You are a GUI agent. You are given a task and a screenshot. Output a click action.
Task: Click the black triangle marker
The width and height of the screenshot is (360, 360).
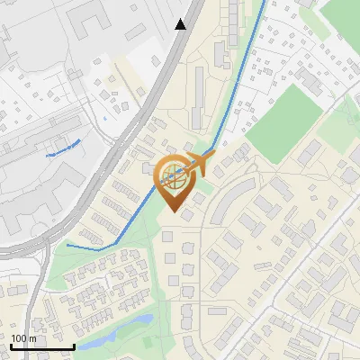pyautogui.click(x=181, y=24)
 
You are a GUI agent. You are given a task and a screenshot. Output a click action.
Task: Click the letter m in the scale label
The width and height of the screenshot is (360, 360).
pyautogui.click(x=32, y=338)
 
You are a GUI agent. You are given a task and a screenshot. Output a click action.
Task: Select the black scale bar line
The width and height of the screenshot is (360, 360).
pyautogui.click(x=42, y=346)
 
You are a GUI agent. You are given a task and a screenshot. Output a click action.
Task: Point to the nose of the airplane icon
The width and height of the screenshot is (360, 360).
pyautogui.click(x=213, y=157)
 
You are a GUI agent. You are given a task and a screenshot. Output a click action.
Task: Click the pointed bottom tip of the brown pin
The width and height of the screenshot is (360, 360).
pyautogui.click(x=173, y=212)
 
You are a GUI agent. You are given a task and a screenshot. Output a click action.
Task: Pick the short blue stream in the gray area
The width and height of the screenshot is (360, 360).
pyautogui.click(x=63, y=148)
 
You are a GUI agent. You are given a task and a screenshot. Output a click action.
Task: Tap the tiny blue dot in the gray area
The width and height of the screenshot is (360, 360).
pyautogui.click(x=105, y=117)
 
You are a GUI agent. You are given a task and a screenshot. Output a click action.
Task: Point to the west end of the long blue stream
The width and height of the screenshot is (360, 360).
pyautogui.click(x=67, y=244)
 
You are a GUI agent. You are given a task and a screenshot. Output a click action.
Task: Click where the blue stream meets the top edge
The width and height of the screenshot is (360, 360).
pyautogui.click(x=264, y=3)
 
